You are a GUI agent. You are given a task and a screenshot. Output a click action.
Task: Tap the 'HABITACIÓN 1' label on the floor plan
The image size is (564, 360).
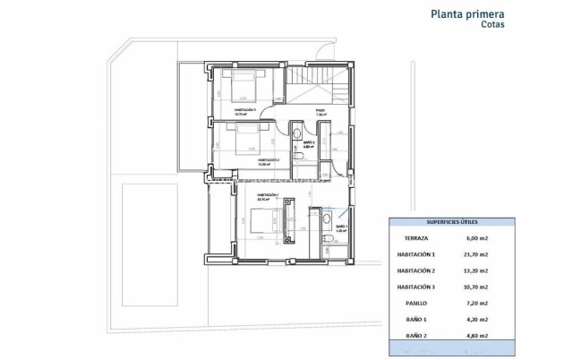tap(268, 193)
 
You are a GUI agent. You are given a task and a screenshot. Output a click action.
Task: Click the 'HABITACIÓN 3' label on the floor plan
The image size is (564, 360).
tap(244, 110)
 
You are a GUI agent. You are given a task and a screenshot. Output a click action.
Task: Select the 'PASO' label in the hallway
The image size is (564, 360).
tap(320, 111)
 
